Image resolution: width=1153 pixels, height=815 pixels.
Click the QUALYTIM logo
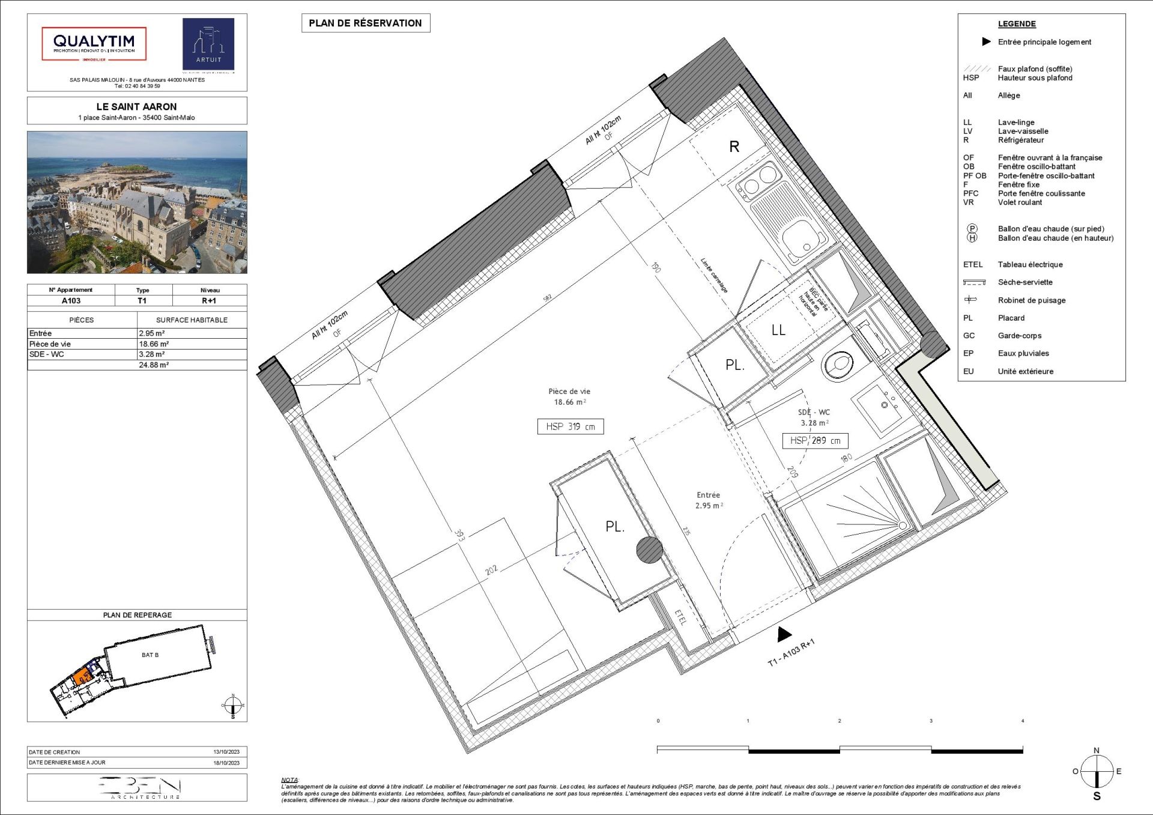pyautogui.click(x=94, y=43)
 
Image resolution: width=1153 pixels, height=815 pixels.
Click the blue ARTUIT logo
pyautogui.click(x=208, y=44)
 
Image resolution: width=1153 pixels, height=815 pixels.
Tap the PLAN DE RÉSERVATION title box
pyautogui.click(x=365, y=23)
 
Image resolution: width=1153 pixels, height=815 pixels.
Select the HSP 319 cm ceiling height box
pyautogui.click(x=570, y=426)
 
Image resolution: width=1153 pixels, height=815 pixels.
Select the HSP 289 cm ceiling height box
pyautogui.click(x=815, y=440)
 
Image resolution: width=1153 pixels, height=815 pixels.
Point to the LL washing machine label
pyautogui.click(x=778, y=330)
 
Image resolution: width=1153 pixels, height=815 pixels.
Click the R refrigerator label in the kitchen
pyautogui.click(x=734, y=147)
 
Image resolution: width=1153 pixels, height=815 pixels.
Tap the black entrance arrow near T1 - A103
pyautogui.click(x=784, y=634)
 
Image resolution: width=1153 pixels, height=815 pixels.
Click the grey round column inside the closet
pyautogui.click(x=649, y=550)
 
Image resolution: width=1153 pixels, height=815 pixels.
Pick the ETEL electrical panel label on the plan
pyautogui.click(x=680, y=617)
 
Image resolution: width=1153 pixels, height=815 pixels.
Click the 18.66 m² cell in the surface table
pyautogui.click(x=154, y=344)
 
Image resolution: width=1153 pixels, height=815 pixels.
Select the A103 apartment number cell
pyautogui.click(x=71, y=301)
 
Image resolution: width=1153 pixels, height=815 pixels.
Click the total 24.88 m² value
pyautogui.click(x=154, y=365)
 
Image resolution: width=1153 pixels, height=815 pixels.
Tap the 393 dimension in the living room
pyautogui.click(x=459, y=535)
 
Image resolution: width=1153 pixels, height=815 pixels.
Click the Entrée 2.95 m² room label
pyautogui.click(x=709, y=500)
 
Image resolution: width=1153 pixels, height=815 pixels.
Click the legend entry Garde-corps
pyautogui.click(x=1019, y=336)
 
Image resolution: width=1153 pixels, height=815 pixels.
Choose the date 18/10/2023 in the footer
pyautogui.click(x=226, y=763)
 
